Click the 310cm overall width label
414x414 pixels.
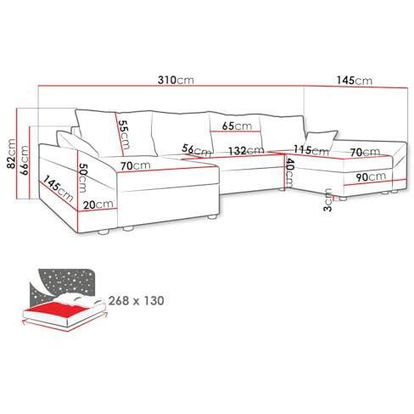point(176,80)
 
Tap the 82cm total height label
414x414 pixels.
point(12,154)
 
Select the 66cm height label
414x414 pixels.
point(24,160)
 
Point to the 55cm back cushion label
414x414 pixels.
point(124,135)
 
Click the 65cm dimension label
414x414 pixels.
point(237,126)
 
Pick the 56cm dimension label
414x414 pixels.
point(196,150)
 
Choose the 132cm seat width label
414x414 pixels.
point(246,150)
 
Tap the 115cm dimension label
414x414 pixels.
point(311,150)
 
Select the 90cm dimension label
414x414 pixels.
point(371,177)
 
